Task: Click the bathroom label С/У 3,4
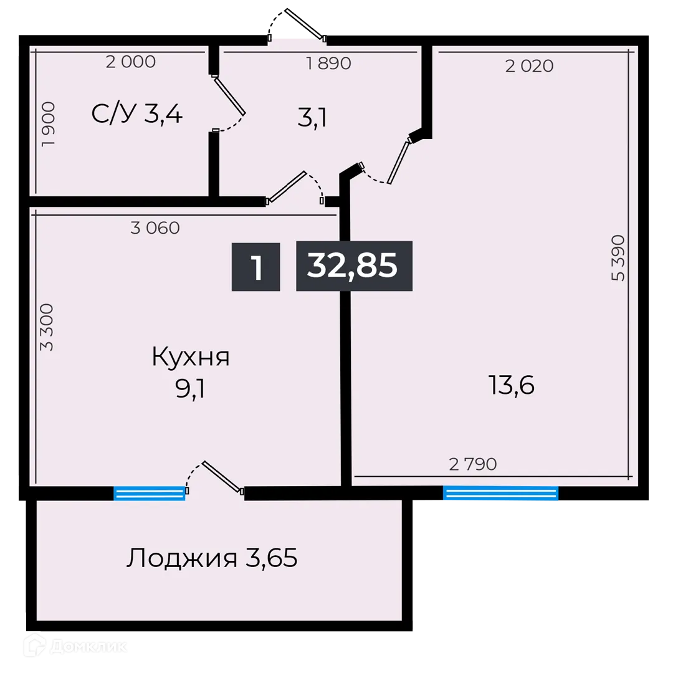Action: tap(137, 114)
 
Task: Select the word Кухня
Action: tap(191, 358)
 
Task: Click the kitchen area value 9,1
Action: tap(191, 389)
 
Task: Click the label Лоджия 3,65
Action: tap(212, 558)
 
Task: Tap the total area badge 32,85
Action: tap(353, 266)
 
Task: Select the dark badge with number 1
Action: tap(256, 267)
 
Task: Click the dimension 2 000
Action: tap(130, 62)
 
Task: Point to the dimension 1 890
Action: tap(328, 63)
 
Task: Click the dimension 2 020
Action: tap(529, 66)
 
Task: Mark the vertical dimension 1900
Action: tap(49, 124)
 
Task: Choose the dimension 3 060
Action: tap(155, 228)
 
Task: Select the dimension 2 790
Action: tap(473, 464)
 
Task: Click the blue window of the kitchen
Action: tap(150, 494)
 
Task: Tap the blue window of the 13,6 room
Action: tap(500, 494)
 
